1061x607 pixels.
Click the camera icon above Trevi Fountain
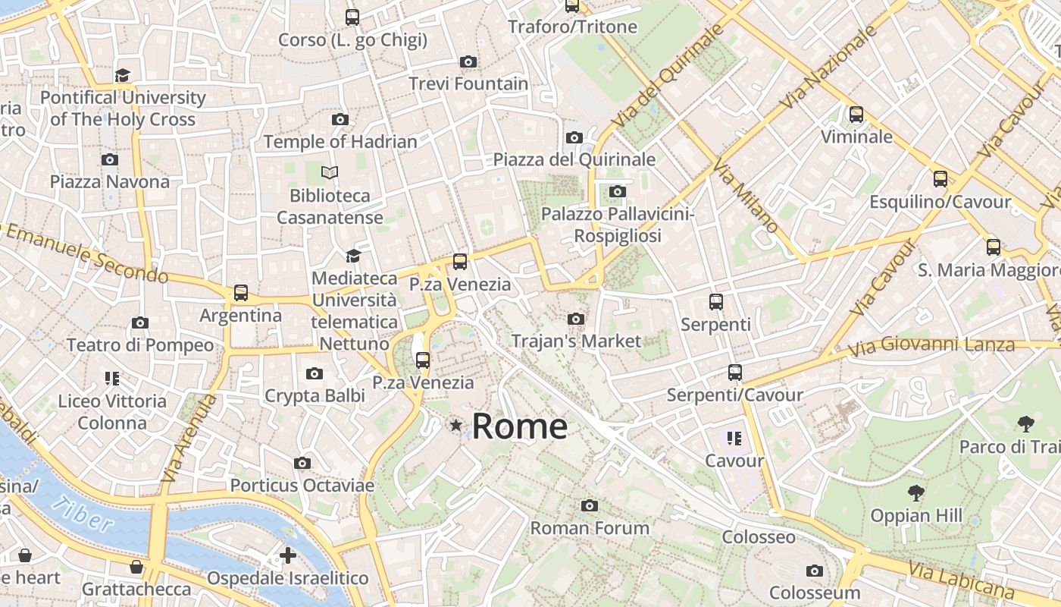coord(468,61)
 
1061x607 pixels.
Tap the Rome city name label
coord(520,426)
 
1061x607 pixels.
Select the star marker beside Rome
coord(455,426)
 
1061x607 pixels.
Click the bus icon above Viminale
coord(856,115)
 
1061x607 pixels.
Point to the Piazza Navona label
coord(110,182)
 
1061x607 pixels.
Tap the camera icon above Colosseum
coord(815,571)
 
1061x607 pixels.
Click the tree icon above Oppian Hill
coord(916,493)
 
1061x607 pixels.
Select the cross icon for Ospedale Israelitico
coord(288,555)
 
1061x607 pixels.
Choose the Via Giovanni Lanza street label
coord(931,347)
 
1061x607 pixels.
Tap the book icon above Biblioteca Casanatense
coord(330,172)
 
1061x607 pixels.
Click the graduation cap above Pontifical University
coord(123,74)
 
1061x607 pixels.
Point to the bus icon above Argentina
coord(241,292)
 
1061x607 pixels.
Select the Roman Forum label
coord(590,528)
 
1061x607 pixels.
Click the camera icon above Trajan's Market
coord(576,319)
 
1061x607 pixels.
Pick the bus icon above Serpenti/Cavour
coord(735,373)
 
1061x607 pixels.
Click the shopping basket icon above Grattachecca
coord(136,567)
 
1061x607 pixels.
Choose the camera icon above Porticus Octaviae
coord(302,463)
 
